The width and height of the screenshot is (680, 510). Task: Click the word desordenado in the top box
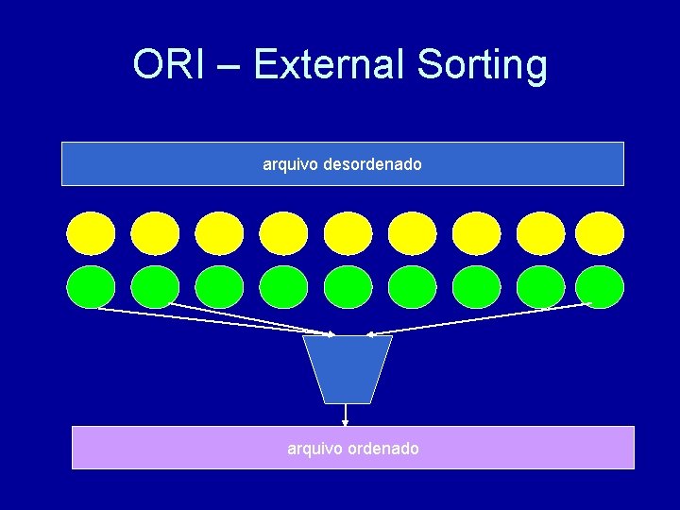click(x=372, y=164)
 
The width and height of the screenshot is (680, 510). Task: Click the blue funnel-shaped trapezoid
click(x=348, y=369)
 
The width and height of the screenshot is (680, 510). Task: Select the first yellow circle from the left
click(x=91, y=233)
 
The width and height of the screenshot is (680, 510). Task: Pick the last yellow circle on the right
click(x=600, y=233)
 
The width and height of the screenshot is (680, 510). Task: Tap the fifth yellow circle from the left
click(x=348, y=233)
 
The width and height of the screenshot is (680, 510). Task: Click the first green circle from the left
click(x=91, y=287)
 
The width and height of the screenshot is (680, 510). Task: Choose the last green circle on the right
click(x=600, y=287)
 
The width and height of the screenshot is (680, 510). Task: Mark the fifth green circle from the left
click(x=348, y=287)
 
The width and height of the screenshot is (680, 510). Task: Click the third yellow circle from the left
click(x=219, y=233)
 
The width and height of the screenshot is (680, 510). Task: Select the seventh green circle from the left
click(x=476, y=287)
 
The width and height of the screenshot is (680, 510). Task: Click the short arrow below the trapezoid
click(x=346, y=416)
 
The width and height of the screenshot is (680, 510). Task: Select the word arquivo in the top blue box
click(x=290, y=164)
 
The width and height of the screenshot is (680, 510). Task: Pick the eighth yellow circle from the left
click(x=540, y=233)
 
